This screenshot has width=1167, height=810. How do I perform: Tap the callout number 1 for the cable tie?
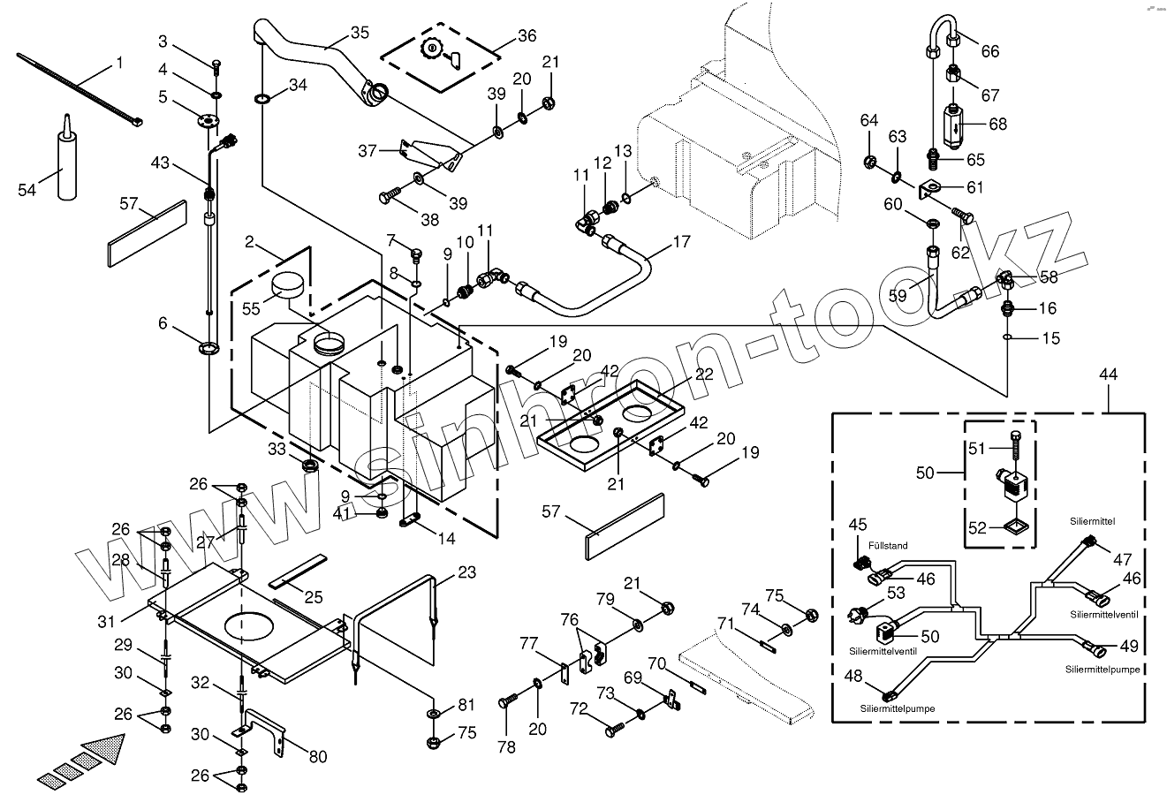coord(119,63)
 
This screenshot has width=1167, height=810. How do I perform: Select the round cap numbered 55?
coord(289,284)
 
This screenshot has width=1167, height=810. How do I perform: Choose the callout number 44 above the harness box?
coord(1109,375)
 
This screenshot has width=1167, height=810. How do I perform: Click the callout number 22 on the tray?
coord(703,374)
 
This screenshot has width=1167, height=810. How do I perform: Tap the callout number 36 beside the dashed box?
coord(527,36)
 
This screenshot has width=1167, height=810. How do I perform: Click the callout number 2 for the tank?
coord(250,241)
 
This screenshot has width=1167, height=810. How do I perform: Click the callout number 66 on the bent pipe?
coord(990,51)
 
